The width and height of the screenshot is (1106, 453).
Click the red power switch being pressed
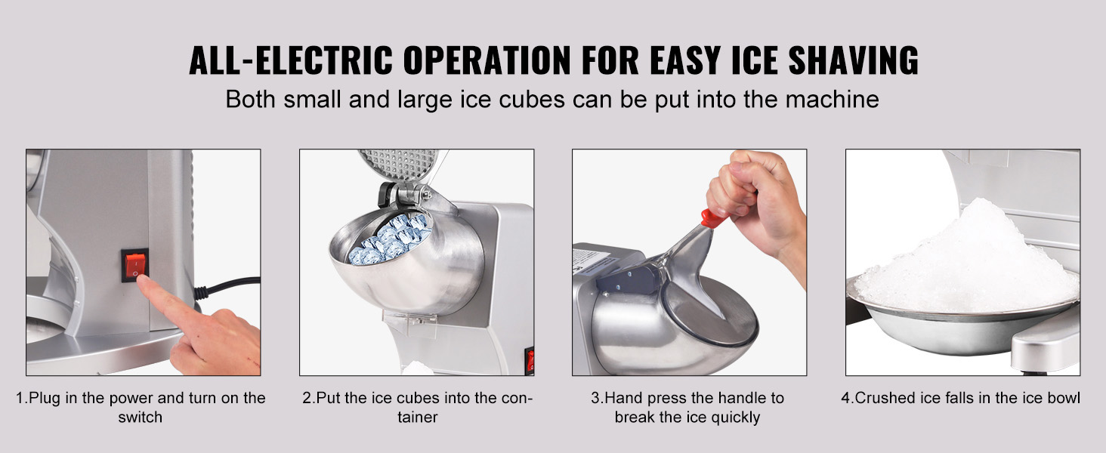click(134, 265)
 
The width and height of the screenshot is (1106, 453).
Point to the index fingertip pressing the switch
click(144, 282)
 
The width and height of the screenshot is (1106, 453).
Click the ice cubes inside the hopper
click(390, 239)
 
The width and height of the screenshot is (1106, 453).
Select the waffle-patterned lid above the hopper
click(398, 164)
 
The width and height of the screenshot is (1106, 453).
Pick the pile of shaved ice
click(965, 259)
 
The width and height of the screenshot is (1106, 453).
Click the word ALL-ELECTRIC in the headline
click(291, 60)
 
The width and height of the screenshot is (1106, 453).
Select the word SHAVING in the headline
click(853, 60)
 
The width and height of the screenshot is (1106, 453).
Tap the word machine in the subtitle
click(832, 99)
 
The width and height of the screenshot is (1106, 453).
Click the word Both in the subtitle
click(250, 99)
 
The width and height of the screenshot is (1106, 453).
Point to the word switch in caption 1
click(141, 418)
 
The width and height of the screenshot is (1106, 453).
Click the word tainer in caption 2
click(418, 418)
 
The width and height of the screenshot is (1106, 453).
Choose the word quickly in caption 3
click(736, 418)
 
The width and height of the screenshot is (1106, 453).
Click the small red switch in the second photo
click(530, 361)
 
